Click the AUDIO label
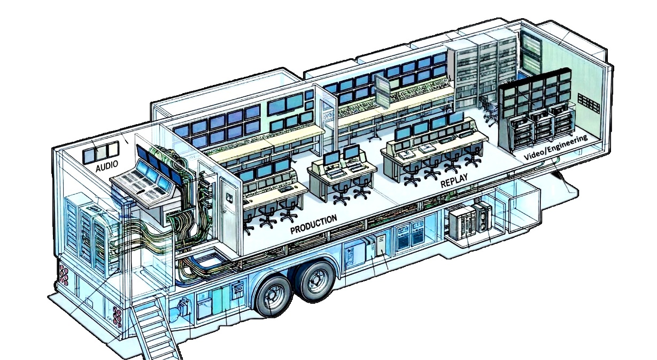point(107,166)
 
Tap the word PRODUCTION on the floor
point(314,224)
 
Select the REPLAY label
point(454,180)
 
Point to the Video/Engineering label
point(556,147)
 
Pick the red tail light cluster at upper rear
point(64,275)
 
